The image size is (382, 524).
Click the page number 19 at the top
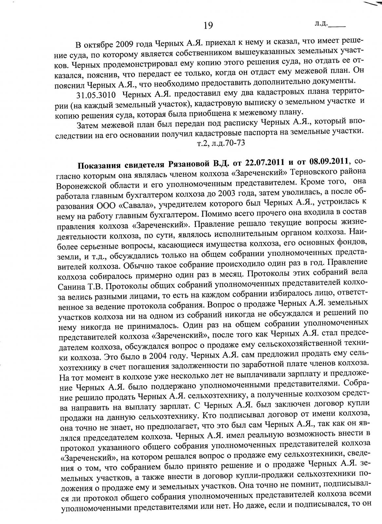pos(208,26)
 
